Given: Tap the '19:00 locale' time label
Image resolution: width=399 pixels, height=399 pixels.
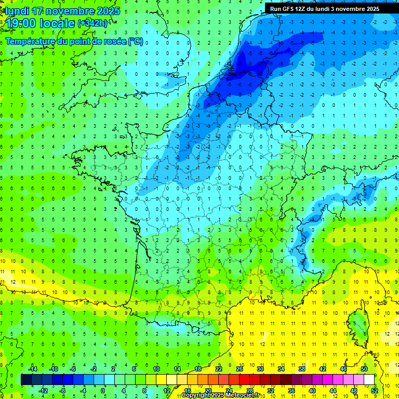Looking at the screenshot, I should point(41,23).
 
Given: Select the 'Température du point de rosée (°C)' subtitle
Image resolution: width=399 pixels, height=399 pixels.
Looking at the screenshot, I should point(74,42).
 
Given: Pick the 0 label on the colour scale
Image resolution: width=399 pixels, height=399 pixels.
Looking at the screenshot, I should point(103,390).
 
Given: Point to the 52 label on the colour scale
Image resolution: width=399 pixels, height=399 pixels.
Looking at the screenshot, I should point(374,390).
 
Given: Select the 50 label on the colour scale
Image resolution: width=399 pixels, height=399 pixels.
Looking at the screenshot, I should point(364,369).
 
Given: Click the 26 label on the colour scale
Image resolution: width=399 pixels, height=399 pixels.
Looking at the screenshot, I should point(240,369).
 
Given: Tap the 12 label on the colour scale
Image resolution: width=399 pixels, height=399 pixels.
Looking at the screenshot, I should point(167,390).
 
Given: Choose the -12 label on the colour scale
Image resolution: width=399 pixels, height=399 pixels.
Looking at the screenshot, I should point(43,390).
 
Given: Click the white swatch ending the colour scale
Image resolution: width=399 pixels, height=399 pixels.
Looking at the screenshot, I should point(369,379).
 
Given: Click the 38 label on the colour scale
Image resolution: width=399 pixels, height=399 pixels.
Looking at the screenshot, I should point(302,369).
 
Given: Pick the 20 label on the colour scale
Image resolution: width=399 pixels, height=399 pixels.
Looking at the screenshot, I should point(208,390).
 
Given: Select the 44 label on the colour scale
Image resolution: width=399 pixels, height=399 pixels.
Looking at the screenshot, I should point(333,390).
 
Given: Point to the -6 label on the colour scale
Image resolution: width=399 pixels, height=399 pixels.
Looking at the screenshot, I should point(73,369).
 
